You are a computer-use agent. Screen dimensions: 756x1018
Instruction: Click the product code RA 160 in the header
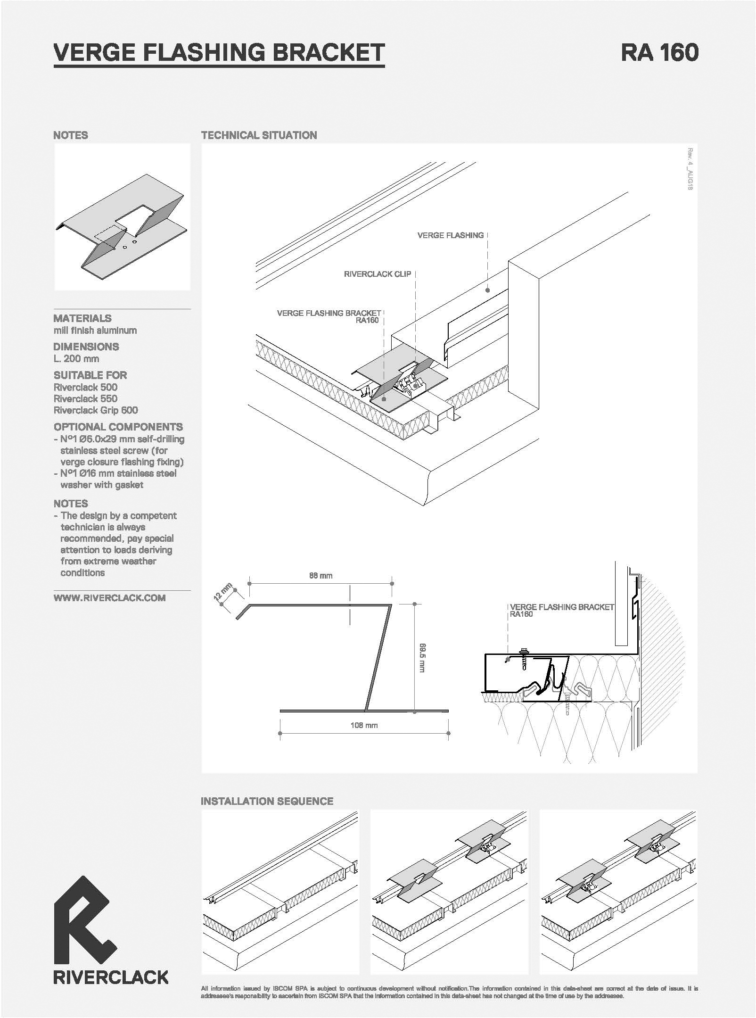[x=659, y=52]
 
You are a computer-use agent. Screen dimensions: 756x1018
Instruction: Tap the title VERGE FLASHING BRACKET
[x=219, y=52]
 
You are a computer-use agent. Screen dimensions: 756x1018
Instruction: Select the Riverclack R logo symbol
[x=85, y=919]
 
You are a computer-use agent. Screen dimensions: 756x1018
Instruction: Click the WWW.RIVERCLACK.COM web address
[x=109, y=598]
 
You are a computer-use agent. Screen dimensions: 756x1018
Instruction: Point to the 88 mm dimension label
[x=320, y=575]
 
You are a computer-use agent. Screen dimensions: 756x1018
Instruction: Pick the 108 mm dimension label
[x=364, y=725]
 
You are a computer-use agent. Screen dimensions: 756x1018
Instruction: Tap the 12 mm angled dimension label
[x=223, y=592]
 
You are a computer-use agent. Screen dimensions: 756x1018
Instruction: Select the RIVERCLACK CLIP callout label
[x=378, y=274]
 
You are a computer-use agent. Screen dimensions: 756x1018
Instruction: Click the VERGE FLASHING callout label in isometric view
[x=451, y=235]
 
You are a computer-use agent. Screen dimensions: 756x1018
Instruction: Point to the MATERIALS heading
[x=82, y=318]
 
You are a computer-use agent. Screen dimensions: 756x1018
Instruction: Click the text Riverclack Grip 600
[x=96, y=410]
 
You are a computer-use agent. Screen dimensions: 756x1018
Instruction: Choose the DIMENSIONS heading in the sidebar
[x=86, y=347]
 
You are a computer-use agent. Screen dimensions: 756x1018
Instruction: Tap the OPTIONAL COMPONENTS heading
[x=118, y=427]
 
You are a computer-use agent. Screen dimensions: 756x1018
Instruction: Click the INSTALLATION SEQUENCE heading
[x=267, y=801]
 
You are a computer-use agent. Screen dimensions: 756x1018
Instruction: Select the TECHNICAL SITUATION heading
[x=259, y=135]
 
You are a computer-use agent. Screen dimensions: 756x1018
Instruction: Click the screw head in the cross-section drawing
[x=524, y=652]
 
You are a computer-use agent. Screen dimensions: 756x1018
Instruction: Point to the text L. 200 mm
[x=76, y=358]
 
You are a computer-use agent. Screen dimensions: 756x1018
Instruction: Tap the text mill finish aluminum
[x=95, y=330]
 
